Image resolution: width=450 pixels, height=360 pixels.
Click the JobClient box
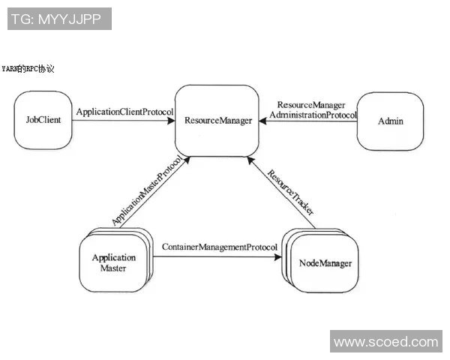(43, 120)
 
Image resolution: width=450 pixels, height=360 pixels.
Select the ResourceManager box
(217, 120)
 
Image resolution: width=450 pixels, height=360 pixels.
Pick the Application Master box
(114, 262)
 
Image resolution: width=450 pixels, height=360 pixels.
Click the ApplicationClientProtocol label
(124, 112)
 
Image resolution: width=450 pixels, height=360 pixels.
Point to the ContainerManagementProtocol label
(215, 247)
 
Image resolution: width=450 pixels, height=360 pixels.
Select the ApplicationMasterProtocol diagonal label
(147, 190)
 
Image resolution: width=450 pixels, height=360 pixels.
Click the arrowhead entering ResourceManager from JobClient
(172, 120)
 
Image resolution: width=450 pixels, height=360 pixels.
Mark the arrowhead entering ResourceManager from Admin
(265, 121)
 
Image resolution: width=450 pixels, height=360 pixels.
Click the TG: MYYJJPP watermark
(60, 19)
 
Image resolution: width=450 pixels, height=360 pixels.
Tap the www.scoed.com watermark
(385, 342)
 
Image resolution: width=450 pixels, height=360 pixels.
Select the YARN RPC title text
(28, 68)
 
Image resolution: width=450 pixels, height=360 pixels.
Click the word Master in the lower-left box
(114, 268)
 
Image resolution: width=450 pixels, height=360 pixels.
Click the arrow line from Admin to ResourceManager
(311, 121)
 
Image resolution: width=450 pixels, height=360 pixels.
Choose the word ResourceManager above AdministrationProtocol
(311, 105)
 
